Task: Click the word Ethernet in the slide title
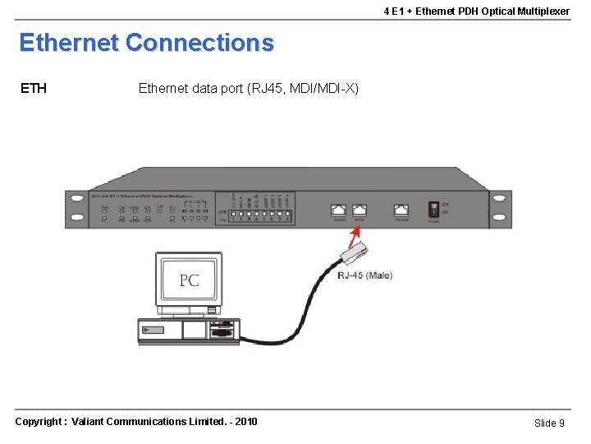(69, 43)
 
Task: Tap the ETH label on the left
(33, 88)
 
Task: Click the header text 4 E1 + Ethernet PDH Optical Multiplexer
(476, 11)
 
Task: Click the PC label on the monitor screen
(189, 280)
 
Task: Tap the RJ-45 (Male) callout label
(364, 275)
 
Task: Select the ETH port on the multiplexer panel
(359, 210)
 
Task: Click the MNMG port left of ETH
(339, 210)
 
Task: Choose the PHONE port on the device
(401, 210)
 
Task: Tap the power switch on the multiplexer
(433, 209)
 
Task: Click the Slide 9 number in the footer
(549, 423)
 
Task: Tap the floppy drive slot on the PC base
(221, 326)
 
